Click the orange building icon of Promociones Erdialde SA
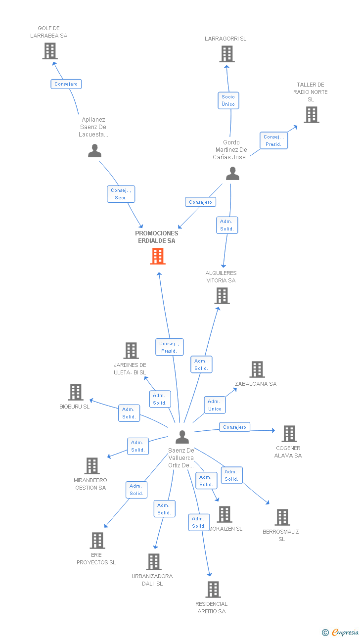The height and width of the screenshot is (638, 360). tap(158, 256)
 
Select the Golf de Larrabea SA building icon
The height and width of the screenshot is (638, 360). tap(49, 51)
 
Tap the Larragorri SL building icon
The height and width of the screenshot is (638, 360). tap(226, 54)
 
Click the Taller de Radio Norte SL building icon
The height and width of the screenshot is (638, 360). tap(311, 115)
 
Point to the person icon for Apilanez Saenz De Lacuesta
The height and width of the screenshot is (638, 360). tap(94, 151)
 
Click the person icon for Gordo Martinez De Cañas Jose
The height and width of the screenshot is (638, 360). tap(232, 174)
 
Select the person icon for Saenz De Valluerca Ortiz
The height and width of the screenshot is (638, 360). tap(182, 437)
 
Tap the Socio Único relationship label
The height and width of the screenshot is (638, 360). tap(228, 100)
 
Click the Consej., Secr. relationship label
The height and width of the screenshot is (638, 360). tap(121, 194)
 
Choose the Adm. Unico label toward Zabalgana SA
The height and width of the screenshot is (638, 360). tap(215, 405)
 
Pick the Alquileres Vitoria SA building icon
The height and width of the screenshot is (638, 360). tap(222, 296)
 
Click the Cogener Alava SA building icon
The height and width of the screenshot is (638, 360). tap(289, 434)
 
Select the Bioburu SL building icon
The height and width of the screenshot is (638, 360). tap(76, 392)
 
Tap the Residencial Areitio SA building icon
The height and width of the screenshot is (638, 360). tap(213, 589)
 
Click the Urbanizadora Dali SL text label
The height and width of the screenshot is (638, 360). tap(152, 580)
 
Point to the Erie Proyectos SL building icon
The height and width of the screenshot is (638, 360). tap(97, 541)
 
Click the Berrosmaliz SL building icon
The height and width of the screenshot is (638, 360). tap(282, 517)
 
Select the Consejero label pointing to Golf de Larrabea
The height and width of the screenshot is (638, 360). tap(66, 84)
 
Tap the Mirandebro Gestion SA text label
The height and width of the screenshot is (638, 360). tap(90, 484)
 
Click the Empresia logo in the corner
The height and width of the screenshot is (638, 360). tap(341, 632)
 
